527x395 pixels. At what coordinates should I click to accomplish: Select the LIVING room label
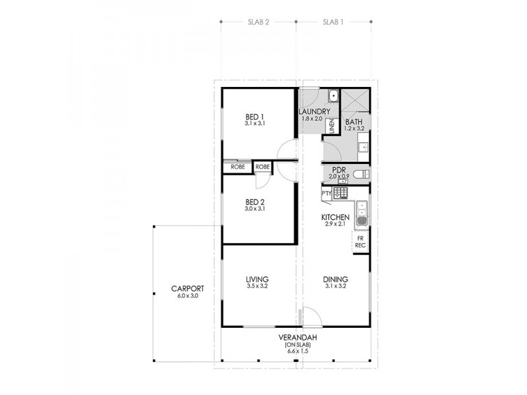tap(256, 279)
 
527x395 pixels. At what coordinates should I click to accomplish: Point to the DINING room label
tap(335, 279)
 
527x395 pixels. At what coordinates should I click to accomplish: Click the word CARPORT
tap(187, 289)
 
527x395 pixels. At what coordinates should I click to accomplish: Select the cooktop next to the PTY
tap(340, 193)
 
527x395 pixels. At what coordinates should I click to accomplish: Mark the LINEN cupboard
tap(331, 126)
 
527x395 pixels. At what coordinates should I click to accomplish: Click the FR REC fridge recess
tap(360, 242)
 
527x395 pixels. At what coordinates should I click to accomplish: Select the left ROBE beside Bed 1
tap(237, 167)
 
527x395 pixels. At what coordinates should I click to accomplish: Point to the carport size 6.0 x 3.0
tap(187, 296)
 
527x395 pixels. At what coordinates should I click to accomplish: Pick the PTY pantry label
tap(326, 193)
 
